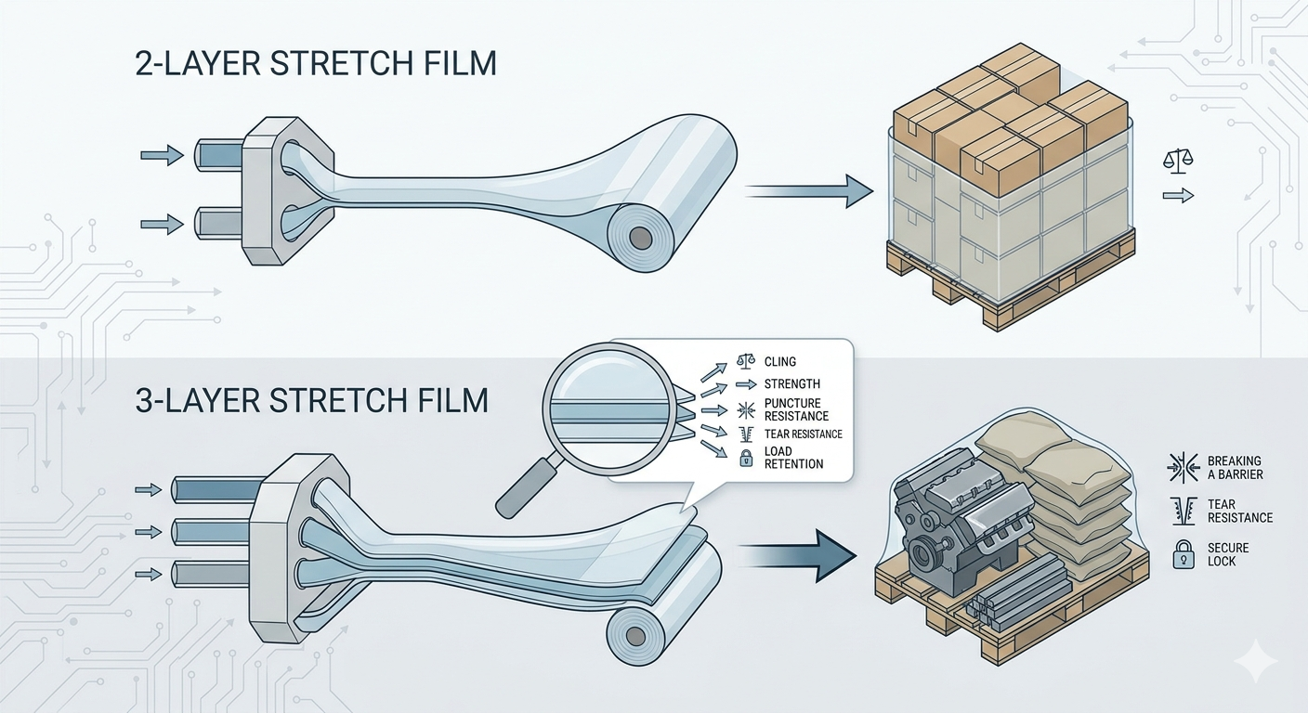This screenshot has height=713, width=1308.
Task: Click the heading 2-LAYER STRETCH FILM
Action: click(x=315, y=65)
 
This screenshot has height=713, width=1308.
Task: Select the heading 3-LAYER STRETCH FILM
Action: click(x=311, y=401)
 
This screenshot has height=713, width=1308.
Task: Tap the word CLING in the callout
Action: click(x=780, y=362)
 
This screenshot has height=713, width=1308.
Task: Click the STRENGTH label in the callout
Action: click(x=791, y=384)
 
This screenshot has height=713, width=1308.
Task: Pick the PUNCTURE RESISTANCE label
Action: click(x=796, y=409)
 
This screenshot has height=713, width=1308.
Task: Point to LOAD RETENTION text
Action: click(x=793, y=458)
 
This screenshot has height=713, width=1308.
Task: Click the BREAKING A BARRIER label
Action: click(x=1235, y=468)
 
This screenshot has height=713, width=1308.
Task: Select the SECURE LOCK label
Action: click(x=1228, y=554)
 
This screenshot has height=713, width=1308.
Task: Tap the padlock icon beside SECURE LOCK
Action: click(x=1183, y=554)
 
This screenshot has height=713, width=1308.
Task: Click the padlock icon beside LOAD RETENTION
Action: click(x=746, y=458)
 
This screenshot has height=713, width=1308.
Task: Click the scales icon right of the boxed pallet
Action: click(x=1178, y=160)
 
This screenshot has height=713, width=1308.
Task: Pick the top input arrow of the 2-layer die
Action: click(x=163, y=155)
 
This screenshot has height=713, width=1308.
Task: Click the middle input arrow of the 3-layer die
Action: click(x=149, y=532)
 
